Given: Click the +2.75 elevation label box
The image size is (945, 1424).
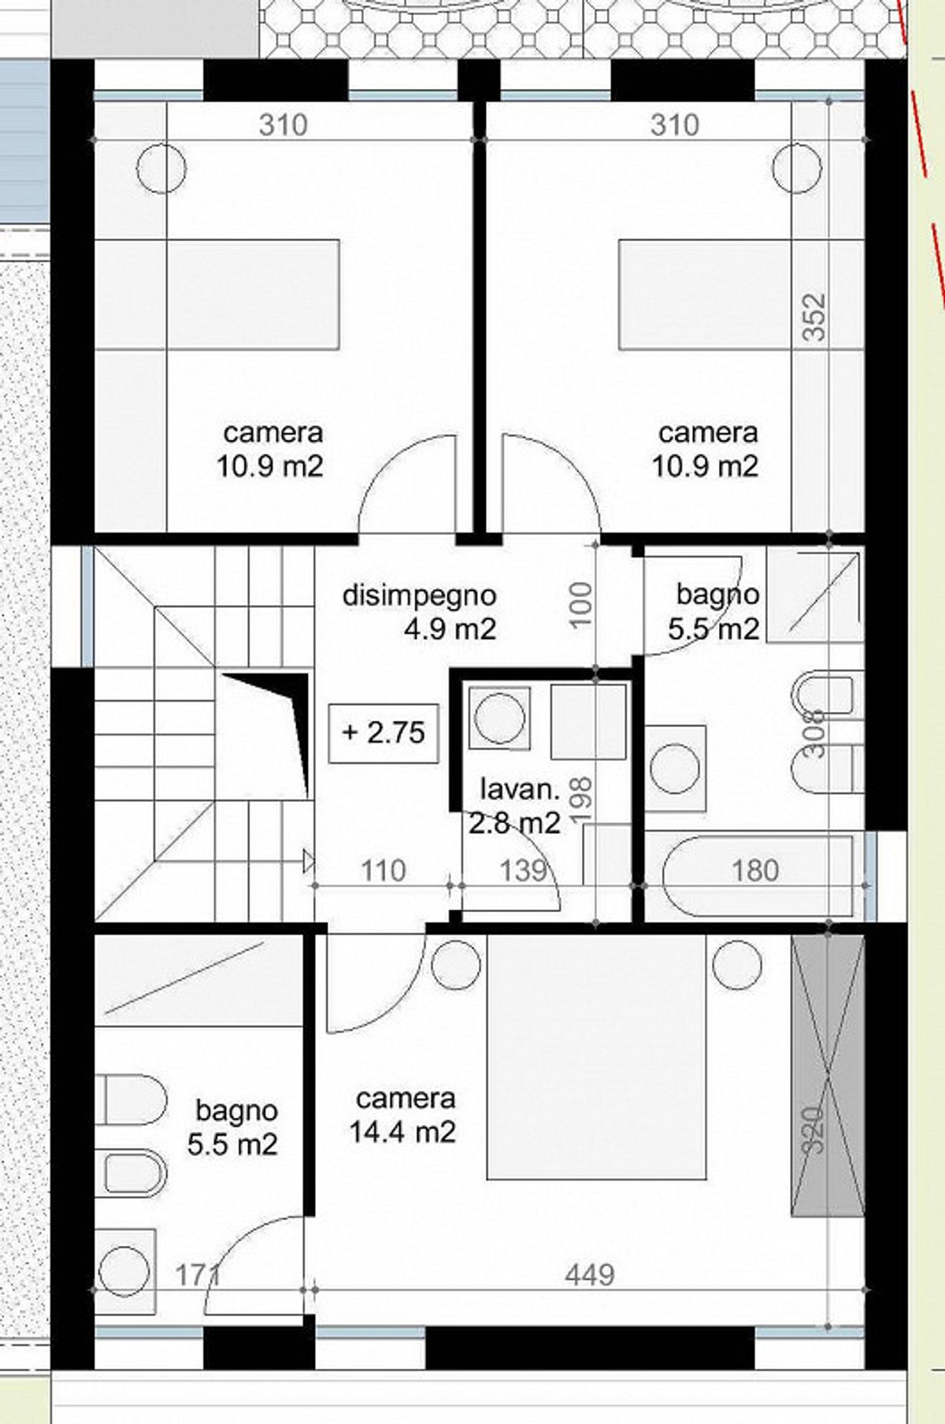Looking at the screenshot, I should (x=384, y=732).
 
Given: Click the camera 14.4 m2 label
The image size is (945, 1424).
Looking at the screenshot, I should (x=404, y=1115).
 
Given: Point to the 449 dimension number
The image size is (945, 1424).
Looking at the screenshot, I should (x=590, y=1274).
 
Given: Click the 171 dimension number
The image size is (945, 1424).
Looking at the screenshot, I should (x=197, y=1274).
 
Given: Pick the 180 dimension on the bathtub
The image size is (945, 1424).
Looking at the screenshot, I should (x=755, y=870).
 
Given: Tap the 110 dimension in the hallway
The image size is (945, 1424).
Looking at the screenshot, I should (x=384, y=870).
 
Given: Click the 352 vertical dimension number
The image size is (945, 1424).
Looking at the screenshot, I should (x=817, y=317).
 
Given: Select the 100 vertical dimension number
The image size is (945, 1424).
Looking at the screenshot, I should (x=580, y=604).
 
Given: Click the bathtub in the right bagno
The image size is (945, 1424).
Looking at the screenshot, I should (x=756, y=877).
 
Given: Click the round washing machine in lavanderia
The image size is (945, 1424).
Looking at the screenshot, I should (x=500, y=718).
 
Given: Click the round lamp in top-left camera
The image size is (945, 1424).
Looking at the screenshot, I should (x=161, y=167).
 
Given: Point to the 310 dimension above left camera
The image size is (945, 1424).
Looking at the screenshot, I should (x=283, y=125).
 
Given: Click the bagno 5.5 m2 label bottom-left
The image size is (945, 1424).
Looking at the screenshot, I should (x=235, y=1127).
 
